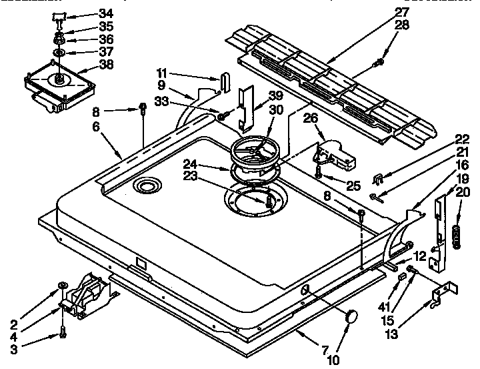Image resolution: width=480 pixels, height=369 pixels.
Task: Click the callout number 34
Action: [105, 13]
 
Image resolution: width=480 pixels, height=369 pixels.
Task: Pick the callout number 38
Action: [105, 65]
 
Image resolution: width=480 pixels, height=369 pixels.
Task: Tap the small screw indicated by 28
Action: [379, 62]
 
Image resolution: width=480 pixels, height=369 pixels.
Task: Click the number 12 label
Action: [419, 255]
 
